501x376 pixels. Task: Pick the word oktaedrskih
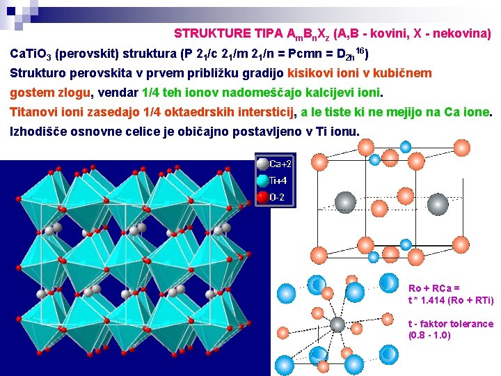[x=196, y=111]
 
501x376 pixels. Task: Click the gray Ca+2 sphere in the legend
[x=262, y=164]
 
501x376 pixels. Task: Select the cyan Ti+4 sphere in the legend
[x=262, y=180]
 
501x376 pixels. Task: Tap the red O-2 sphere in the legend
[x=262, y=197]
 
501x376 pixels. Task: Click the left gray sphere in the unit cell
[x=345, y=203]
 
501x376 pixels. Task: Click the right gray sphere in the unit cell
[x=437, y=203]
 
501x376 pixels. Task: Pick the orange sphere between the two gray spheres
[x=380, y=207]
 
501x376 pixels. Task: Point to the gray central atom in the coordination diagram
[x=337, y=324]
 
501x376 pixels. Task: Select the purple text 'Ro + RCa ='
[x=434, y=288]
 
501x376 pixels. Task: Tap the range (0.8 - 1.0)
[x=429, y=335]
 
